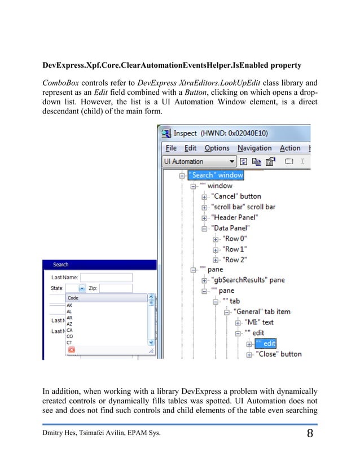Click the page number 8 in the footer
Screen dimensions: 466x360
(310, 434)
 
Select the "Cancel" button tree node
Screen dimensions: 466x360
(236, 196)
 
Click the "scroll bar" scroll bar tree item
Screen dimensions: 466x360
(244, 207)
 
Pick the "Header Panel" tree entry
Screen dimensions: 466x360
(235, 217)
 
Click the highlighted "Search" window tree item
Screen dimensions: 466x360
(216, 175)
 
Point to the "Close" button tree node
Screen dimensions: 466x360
(279, 354)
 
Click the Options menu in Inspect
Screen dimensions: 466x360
(217, 148)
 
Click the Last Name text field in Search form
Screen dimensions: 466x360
(106, 278)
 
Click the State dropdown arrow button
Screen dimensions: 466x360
(82, 288)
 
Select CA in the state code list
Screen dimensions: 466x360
(69, 330)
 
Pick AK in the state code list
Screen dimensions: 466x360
(69, 305)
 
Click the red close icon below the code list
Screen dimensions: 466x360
(72, 350)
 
